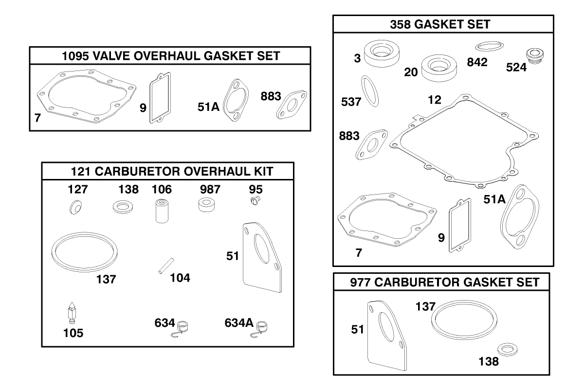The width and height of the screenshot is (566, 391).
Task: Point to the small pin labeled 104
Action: [166, 266]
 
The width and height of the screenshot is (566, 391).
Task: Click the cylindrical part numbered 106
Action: [162, 212]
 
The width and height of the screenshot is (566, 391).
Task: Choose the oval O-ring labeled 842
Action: [489, 47]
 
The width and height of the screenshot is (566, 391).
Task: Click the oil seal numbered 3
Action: [382, 54]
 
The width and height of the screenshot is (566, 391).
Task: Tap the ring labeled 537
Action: [370, 91]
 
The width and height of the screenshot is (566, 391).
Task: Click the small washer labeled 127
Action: [75, 208]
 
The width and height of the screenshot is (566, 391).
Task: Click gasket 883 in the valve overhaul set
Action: [292, 105]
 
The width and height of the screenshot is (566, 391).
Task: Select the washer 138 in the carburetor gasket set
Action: [508, 350]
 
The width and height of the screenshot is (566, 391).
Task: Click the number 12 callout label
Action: [434, 100]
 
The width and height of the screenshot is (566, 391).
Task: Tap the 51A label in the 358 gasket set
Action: [494, 199]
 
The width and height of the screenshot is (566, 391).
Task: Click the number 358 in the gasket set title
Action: [400, 24]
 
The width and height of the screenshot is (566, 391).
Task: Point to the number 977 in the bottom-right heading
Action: [360, 283]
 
